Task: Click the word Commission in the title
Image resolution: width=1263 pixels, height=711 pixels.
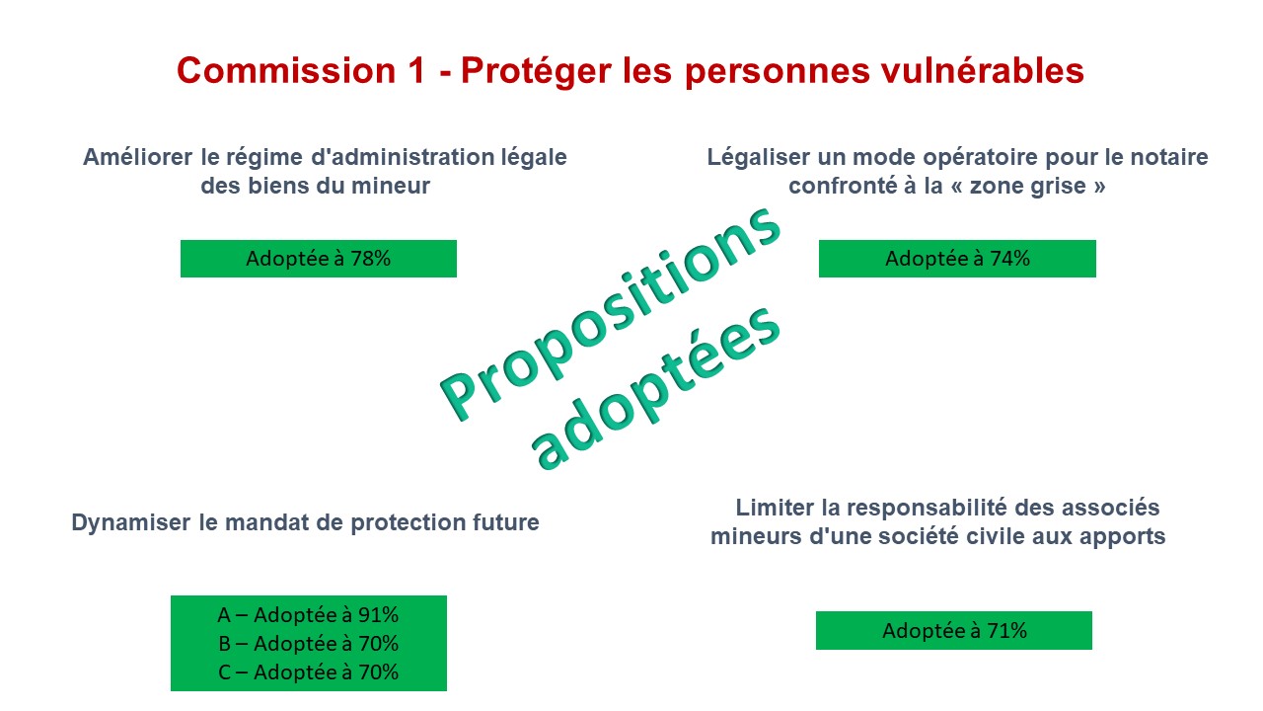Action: (x=286, y=70)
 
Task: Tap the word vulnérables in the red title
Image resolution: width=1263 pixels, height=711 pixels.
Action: (x=982, y=70)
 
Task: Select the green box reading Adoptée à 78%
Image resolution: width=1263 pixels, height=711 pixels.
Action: (x=319, y=259)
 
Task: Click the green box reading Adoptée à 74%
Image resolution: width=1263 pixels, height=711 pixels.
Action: (x=957, y=259)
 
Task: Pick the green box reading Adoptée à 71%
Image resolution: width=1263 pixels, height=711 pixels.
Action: (x=954, y=630)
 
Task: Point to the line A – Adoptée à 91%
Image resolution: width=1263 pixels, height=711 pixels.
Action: (x=308, y=614)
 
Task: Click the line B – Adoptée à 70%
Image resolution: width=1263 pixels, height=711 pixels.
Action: (x=308, y=643)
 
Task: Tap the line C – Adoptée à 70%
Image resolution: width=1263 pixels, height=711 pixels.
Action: (x=308, y=672)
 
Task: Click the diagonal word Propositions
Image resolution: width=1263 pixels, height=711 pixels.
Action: (x=611, y=313)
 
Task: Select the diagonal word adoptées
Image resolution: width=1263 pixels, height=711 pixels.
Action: (x=656, y=389)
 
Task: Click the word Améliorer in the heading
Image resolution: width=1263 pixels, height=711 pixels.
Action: (x=137, y=157)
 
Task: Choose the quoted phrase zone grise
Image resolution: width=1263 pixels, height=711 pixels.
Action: (x=1028, y=187)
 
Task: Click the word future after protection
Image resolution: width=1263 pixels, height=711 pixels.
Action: (x=506, y=522)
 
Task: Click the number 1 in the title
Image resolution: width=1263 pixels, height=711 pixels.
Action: (x=417, y=70)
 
